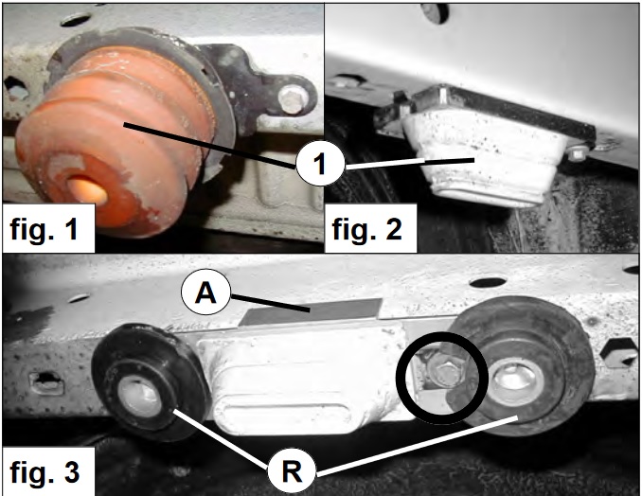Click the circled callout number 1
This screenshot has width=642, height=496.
[x=320, y=164]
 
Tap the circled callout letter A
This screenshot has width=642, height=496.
[x=205, y=293]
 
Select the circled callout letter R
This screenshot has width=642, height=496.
[x=292, y=471]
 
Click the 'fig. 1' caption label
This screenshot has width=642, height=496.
[x=45, y=228]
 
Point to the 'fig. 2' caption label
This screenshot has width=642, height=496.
[x=366, y=228]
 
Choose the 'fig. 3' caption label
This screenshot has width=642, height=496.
[x=45, y=471]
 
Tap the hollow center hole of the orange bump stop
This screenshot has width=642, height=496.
[x=87, y=190]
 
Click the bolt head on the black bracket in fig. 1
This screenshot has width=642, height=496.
[x=292, y=99]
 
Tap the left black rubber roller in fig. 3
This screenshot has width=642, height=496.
[x=150, y=381]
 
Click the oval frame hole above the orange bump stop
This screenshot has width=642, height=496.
[x=76, y=19]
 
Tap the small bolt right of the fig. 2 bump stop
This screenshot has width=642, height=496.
[x=577, y=154]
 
